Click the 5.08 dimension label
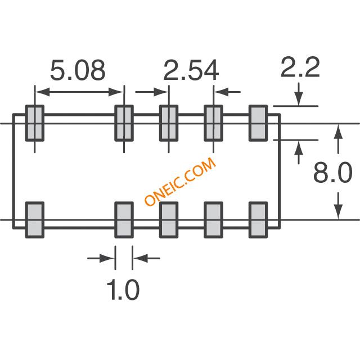78,70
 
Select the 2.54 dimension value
191,70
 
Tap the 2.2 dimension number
300,67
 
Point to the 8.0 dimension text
332,172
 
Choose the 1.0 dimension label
123,290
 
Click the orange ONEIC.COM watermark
180,181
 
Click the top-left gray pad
35,123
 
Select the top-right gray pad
258,123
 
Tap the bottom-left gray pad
35,220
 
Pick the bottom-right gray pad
258,220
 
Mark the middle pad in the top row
169,123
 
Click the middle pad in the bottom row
169,220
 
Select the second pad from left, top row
124,123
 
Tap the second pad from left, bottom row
124,220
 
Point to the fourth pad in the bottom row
214,220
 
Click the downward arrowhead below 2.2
299,98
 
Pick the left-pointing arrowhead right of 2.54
221,92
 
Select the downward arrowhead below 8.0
338,211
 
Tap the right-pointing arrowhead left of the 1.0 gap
107,258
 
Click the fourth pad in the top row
214,123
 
